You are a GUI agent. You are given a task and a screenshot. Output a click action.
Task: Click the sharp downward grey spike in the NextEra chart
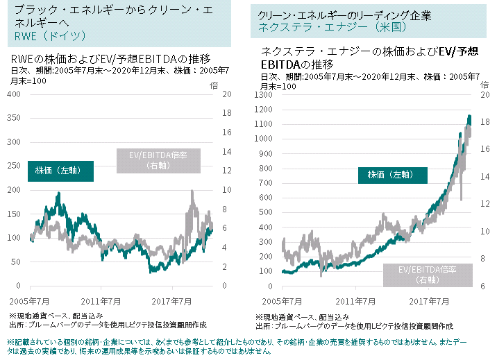pos(461,199)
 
